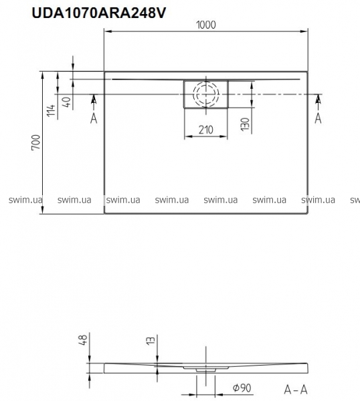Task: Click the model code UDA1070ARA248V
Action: pyautogui.click(x=99, y=13)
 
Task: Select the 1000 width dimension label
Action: pyautogui.click(x=206, y=25)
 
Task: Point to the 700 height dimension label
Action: pyautogui.click(x=36, y=142)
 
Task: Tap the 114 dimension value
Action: pyautogui.click(x=52, y=110)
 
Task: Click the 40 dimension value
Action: pyautogui.click(x=66, y=102)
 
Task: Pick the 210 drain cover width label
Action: pyautogui.click(x=206, y=130)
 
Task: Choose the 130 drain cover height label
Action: pyautogui.click(x=245, y=124)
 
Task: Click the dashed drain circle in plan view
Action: pyautogui.click(x=206, y=94)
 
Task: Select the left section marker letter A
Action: pyautogui.click(x=94, y=118)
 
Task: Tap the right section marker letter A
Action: pyautogui.click(x=318, y=118)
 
